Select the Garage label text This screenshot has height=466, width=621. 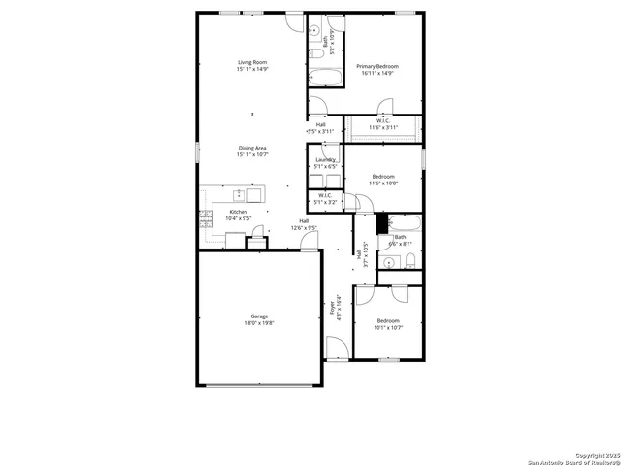[x=259, y=316]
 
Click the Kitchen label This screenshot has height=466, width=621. [x=238, y=212]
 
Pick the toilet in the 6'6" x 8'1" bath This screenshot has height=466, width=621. [x=409, y=258]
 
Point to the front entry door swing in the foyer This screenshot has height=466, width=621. [x=336, y=347]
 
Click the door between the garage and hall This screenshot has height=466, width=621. [x=310, y=243]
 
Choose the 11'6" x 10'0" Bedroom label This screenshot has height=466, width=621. [x=383, y=180]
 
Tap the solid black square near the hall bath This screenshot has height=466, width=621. [x=381, y=220]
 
